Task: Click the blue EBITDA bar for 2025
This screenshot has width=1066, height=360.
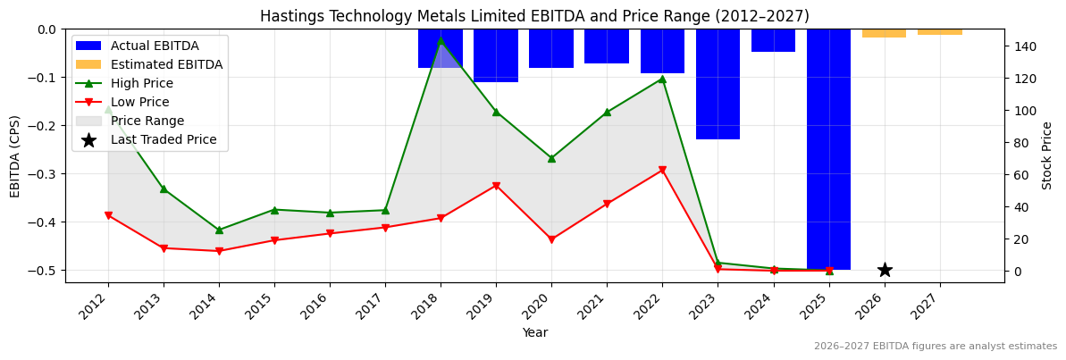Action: point(828,149)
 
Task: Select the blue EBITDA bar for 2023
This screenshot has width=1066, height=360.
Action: point(718,84)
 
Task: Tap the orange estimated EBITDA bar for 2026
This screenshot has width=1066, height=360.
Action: point(884,33)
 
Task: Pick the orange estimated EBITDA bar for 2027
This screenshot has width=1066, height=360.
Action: point(939,32)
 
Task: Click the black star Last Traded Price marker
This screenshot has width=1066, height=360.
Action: point(885,270)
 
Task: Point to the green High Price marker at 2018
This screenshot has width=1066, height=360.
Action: point(441,40)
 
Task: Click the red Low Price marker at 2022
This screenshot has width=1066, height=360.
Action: point(662,170)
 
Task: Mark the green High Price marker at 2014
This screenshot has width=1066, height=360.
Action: point(219,230)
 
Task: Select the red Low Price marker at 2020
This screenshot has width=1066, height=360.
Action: point(551,239)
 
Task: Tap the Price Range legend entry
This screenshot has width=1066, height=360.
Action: point(147,121)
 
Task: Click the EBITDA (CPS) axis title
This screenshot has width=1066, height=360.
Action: point(15,155)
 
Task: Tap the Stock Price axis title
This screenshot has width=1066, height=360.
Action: point(1047,155)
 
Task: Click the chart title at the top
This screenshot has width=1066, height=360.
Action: point(534,16)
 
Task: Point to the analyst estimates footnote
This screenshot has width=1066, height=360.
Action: point(935,347)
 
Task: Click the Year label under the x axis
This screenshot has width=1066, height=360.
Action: point(534,333)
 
